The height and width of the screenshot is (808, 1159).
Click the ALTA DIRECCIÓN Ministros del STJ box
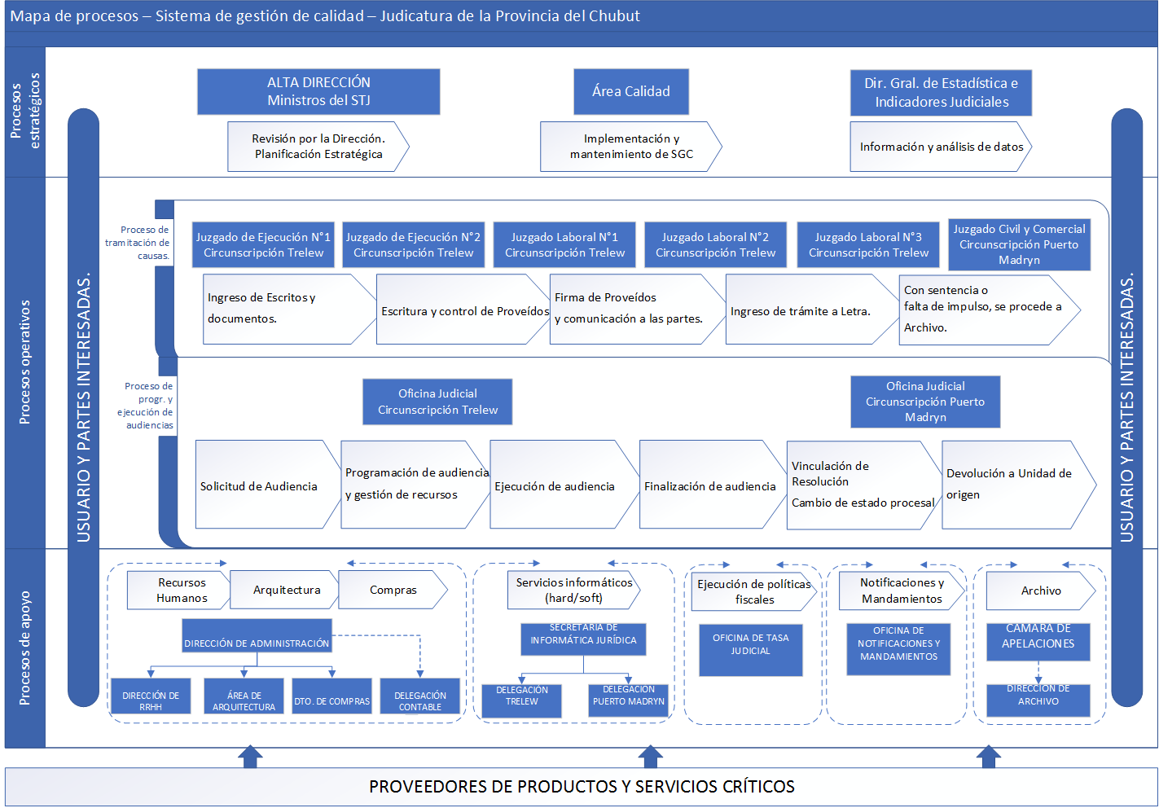(x=318, y=91)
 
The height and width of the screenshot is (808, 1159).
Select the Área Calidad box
(x=631, y=91)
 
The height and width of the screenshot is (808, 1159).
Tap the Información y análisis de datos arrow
(x=941, y=147)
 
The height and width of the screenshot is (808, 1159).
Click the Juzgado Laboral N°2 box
(x=715, y=244)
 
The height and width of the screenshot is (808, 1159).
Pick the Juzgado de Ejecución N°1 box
(x=263, y=244)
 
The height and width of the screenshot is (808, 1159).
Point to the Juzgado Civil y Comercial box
(x=1019, y=244)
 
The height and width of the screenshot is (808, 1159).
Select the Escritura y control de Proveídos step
(x=463, y=310)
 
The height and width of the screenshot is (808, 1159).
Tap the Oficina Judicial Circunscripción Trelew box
(x=437, y=402)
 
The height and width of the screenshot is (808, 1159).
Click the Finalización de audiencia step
(x=709, y=485)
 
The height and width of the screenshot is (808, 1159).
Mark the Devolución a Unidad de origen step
(x=1014, y=485)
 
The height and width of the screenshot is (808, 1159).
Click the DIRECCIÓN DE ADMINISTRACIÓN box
(x=257, y=636)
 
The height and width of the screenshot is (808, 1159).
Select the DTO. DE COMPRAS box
(x=332, y=696)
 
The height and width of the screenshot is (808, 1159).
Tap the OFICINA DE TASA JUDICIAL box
(x=750, y=649)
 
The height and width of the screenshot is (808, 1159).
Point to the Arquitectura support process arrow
(x=285, y=590)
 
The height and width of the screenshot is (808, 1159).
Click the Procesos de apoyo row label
(x=25, y=648)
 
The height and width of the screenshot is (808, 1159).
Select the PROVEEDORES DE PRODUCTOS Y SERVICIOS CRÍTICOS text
(x=582, y=786)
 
